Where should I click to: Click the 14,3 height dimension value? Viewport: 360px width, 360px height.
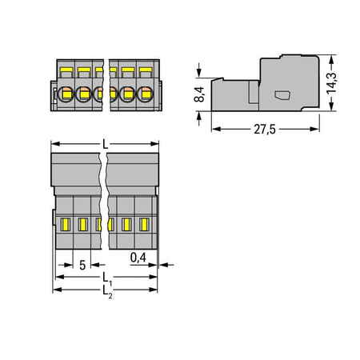click(332, 83)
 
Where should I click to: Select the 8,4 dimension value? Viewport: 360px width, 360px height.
click(199, 94)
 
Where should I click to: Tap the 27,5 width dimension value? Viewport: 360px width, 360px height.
click(265, 130)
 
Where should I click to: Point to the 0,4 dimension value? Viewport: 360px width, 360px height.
click(138, 258)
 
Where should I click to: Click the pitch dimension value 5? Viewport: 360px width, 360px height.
click(82, 265)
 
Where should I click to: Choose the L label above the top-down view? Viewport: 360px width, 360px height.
click(106, 144)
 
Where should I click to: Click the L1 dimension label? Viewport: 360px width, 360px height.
click(107, 278)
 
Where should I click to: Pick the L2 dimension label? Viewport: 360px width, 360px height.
click(107, 291)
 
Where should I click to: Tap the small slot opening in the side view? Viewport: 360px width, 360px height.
click(282, 95)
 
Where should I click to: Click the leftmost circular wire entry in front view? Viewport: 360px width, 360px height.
click(66, 94)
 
